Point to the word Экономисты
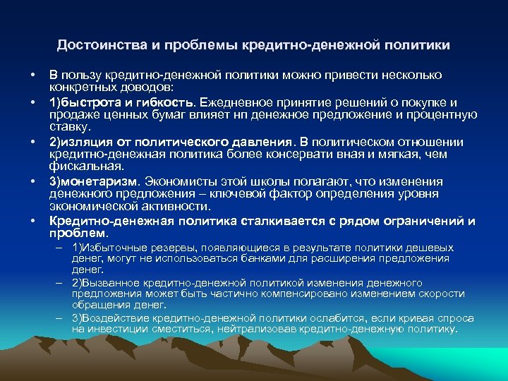176,181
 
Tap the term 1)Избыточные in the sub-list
106,248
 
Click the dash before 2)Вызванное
62,282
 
